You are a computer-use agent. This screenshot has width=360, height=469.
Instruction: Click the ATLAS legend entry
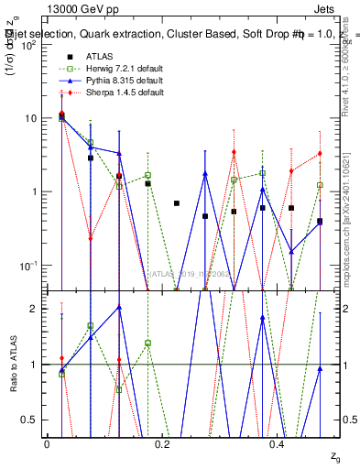[99, 57]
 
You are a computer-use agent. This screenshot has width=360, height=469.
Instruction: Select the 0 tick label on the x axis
[47, 443]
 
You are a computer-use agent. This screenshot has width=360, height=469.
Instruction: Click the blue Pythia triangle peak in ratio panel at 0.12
[119, 308]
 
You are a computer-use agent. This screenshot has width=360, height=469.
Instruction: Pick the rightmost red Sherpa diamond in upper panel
[320, 154]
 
